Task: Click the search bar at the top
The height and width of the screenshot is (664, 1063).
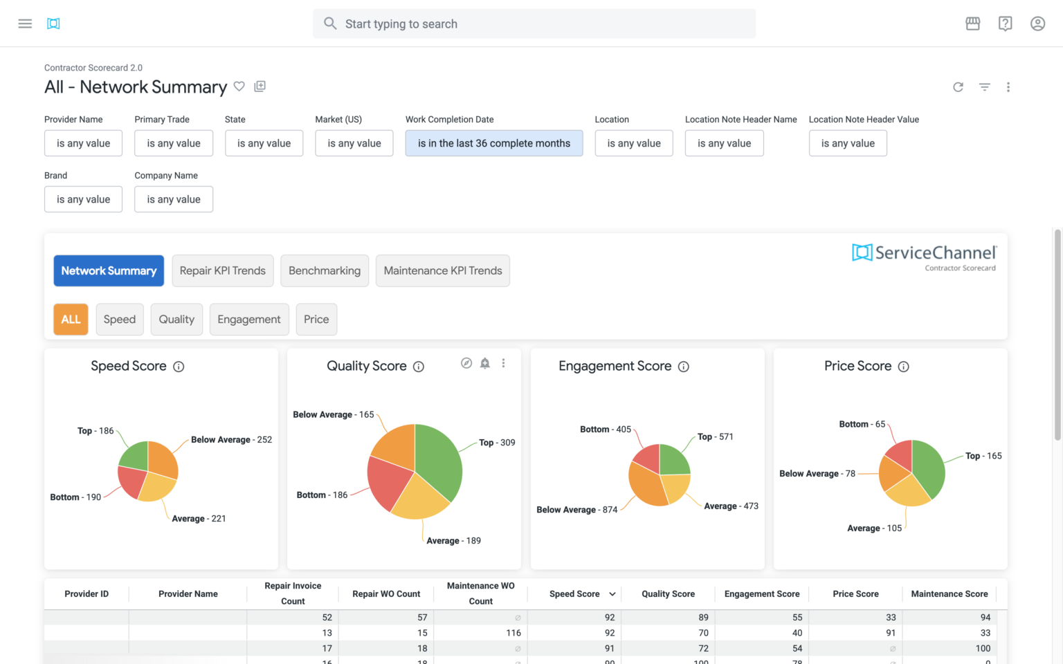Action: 534,24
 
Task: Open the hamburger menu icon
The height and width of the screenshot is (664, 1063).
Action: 25,24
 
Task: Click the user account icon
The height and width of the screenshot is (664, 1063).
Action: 1037,24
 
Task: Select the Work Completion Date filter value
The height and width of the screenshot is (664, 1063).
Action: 493,143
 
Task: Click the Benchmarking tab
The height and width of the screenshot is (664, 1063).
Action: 325,270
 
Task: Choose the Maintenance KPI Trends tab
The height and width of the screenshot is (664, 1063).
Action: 443,270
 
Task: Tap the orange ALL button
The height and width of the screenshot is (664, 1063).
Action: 71,320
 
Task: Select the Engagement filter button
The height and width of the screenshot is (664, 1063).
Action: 249,320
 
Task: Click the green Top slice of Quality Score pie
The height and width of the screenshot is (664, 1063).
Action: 437,460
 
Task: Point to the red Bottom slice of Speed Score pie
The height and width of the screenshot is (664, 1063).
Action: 131,481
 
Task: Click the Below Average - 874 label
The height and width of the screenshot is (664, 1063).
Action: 576,510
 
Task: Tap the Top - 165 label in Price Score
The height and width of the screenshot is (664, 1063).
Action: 983,456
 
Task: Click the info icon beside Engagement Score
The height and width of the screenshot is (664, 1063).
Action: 684,367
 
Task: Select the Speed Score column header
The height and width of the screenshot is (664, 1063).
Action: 574,594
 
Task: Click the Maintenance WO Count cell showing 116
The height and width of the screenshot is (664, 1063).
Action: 513,633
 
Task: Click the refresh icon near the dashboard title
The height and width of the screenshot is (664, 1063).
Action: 958,87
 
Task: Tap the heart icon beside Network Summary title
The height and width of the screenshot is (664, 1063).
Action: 239,86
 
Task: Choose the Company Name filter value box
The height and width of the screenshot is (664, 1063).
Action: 174,199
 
